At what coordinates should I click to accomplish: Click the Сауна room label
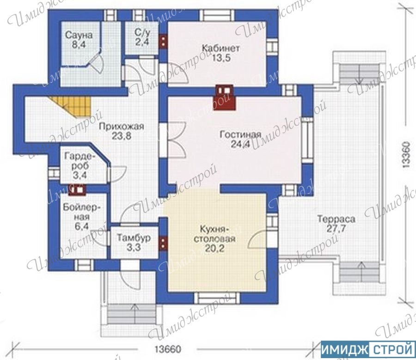(x=79, y=35)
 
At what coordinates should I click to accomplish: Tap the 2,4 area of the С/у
(x=142, y=42)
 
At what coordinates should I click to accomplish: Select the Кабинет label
(x=221, y=48)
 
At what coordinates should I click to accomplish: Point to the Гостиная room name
(x=240, y=135)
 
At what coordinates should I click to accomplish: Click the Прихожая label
(x=122, y=126)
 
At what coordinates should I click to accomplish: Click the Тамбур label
(x=134, y=237)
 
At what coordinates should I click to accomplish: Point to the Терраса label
(x=336, y=219)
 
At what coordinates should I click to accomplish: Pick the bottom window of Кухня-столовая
(x=217, y=298)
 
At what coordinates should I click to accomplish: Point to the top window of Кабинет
(x=216, y=15)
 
